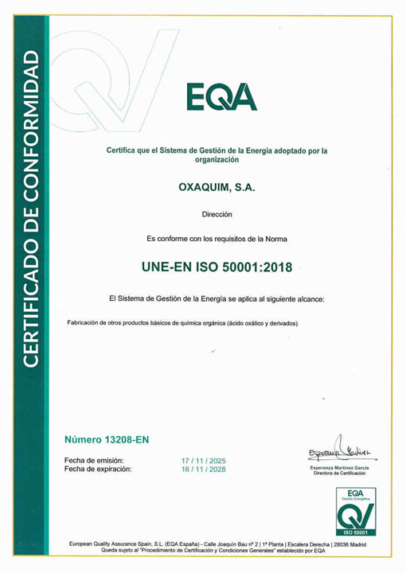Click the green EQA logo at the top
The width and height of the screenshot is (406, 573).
tap(223, 97)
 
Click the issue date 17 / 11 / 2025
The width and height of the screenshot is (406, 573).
tap(204, 461)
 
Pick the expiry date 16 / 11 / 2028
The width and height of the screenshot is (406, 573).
tap(204, 470)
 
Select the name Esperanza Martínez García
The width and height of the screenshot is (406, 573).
tap(333, 467)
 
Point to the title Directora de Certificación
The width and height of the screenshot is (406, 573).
tap(333, 474)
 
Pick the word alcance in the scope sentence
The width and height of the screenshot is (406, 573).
tap(300, 299)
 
